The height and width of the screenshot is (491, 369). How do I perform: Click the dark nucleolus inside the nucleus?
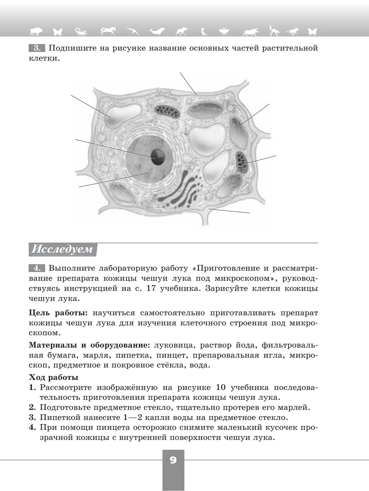pyautogui.click(x=158, y=156)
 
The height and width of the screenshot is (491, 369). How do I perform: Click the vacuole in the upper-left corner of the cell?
pyautogui.click(x=122, y=115)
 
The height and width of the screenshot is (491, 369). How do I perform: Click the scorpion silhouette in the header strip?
pyautogui.click(x=81, y=31)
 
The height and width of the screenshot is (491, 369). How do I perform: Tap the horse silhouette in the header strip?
pyautogui.click(x=108, y=31)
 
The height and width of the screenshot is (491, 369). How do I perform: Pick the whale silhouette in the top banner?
pyautogui.click(x=157, y=31)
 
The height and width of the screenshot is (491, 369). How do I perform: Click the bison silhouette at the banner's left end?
pyautogui.click(x=36, y=31)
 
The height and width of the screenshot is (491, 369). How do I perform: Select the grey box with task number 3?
pyautogui.click(x=37, y=48)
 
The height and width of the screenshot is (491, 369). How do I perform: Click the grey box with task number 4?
pyautogui.click(x=37, y=268)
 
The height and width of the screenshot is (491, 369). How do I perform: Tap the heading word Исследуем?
pyautogui.click(x=62, y=249)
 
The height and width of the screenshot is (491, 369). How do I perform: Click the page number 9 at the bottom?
pyautogui.click(x=173, y=460)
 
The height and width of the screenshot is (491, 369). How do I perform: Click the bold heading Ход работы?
pyautogui.click(x=54, y=377)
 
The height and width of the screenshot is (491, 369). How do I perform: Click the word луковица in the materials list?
pyautogui.click(x=174, y=345)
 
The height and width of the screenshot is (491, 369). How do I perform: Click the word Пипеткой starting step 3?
pyautogui.click(x=58, y=417)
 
